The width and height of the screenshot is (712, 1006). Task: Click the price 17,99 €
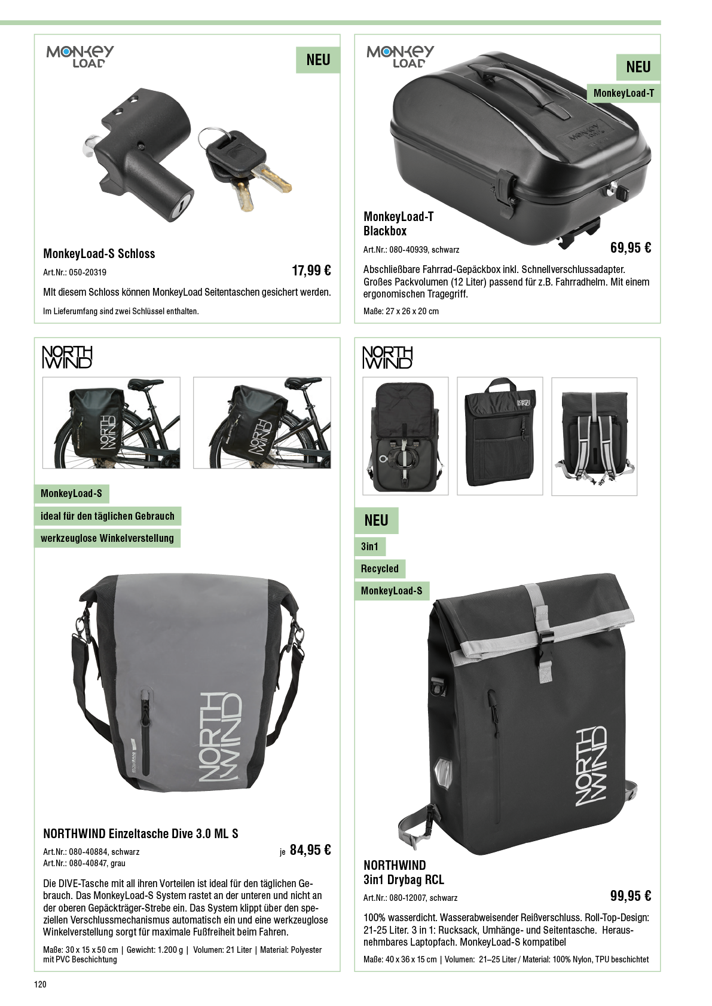(x=311, y=271)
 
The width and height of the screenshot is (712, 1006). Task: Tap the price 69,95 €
(x=631, y=247)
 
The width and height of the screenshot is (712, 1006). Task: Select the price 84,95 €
(x=310, y=850)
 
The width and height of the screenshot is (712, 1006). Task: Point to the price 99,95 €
(x=631, y=896)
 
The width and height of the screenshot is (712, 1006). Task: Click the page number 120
(x=40, y=984)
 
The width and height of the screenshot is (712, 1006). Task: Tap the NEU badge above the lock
(x=318, y=60)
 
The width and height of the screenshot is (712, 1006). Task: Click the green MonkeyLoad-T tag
(x=624, y=93)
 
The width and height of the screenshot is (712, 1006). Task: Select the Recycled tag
(x=380, y=569)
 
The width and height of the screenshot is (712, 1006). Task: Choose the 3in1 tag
(x=370, y=547)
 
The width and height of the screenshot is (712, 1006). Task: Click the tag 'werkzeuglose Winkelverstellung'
(x=108, y=538)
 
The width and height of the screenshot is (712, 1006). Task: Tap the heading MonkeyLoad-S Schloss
(x=99, y=254)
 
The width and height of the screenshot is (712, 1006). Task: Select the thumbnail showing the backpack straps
(x=594, y=437)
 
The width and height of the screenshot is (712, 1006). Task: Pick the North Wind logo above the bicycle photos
(x=68, y=357)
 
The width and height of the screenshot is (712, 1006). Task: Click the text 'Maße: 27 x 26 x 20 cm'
(x=401, y=311)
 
